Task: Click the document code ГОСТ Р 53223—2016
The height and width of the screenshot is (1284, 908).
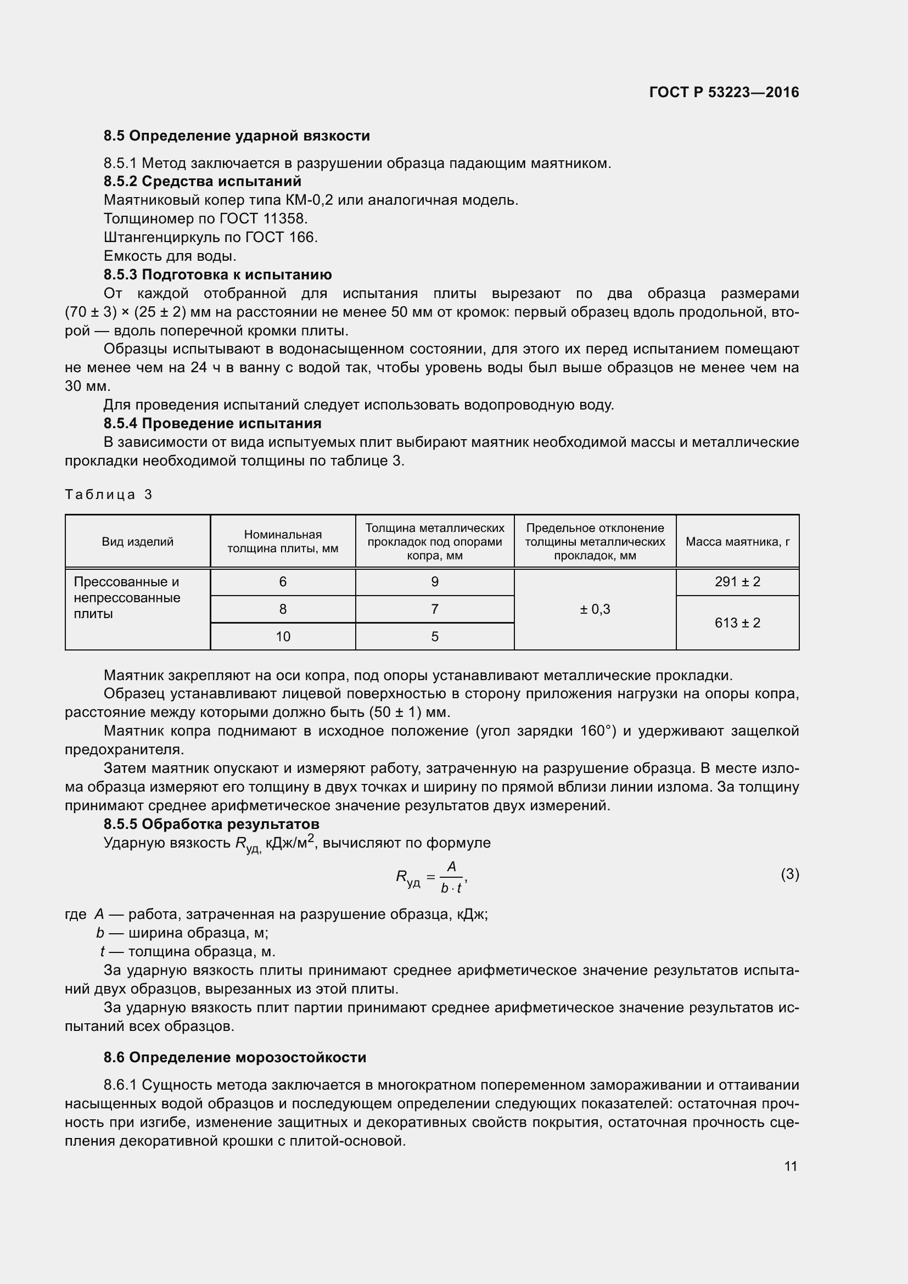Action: click(724, 92)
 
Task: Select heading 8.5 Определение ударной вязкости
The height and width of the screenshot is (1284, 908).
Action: click(237, 136)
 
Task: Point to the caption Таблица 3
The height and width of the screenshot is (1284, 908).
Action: click(109, 495)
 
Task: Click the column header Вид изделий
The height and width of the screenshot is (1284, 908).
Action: click(138, 541)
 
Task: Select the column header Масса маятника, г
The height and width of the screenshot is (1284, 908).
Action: click(737, 541)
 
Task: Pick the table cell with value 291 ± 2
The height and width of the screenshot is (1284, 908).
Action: click(737, 581)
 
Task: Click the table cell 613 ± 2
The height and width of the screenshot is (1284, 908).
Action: click(737, 623)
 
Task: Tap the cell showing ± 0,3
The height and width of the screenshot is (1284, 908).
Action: click(595, 609)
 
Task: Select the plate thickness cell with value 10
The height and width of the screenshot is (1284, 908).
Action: click(283, 636)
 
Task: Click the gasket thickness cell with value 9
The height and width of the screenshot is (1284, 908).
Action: click(434, 581)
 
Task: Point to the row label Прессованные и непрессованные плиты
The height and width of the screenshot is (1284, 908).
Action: click(127, 597)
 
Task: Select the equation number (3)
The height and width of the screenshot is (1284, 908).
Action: click(789, 873)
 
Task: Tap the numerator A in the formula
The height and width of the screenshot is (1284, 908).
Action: click(451, 866)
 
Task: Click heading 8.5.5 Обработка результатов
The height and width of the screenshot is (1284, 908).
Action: click(211, 824)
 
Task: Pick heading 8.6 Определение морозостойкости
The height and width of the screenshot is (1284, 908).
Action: click(235, 1057)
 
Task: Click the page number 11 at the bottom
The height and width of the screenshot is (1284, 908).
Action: click(790, 1166)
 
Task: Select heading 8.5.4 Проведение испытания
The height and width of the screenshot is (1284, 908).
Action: click(212, 423)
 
